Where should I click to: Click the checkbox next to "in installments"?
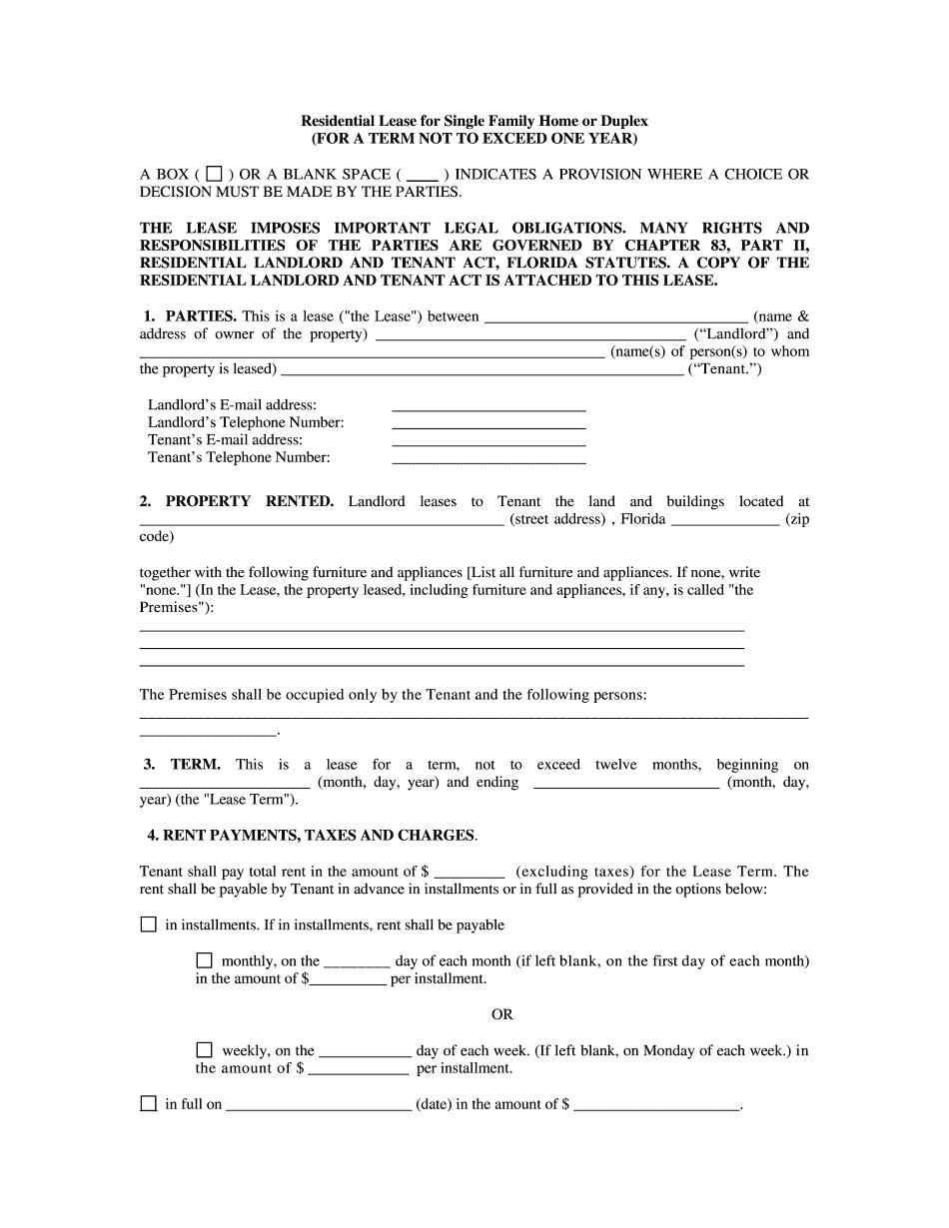(x=149, y=925)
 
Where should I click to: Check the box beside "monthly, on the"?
(x=205, y=960)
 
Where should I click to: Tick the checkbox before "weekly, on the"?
(x=205, y=1050)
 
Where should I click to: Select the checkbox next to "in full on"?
(x=149, y=1104)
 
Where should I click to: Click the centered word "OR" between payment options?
(x=501, y=1014)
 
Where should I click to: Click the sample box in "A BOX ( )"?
(x=213, y=174)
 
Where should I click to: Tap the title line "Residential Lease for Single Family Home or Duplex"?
(x=474, y=121)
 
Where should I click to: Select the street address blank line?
(x=321, y=519)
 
